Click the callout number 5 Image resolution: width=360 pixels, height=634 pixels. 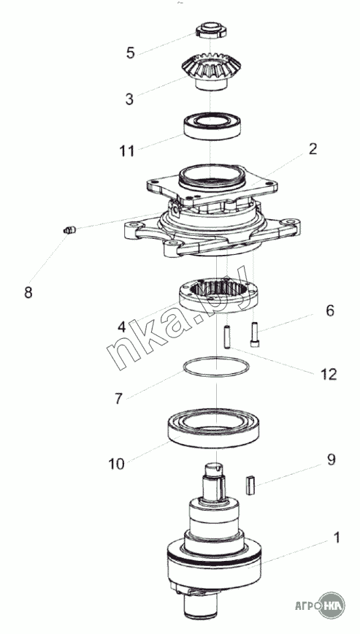[x=130, y=53]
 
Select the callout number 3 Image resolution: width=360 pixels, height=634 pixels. [x=129, y=99]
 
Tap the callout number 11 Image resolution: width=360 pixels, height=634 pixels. [x=126, y=151]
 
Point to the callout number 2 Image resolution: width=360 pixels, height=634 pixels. [x=313, y=149]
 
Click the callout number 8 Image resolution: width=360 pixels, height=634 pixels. [x=28, y=292]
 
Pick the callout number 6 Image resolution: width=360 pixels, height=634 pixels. [x=330, y=310]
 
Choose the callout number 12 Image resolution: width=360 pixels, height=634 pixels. [x=329, y=375]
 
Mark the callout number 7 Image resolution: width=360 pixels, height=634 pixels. [x=118, y=399]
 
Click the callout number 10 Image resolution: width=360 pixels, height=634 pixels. [x=116, y=464]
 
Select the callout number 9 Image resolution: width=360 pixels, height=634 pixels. [x=332, y=459]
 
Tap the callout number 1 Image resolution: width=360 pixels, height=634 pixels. [x=336, y=538]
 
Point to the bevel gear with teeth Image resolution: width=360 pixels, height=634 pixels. [x=211, y=72]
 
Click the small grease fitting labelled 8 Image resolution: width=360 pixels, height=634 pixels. [x=69, y=231]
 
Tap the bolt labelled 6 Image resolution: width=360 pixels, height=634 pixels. [x=255, y=334]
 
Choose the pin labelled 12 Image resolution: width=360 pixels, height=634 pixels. [x=228, y=337]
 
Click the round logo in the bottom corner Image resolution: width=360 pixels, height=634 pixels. [x=332, y=606]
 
